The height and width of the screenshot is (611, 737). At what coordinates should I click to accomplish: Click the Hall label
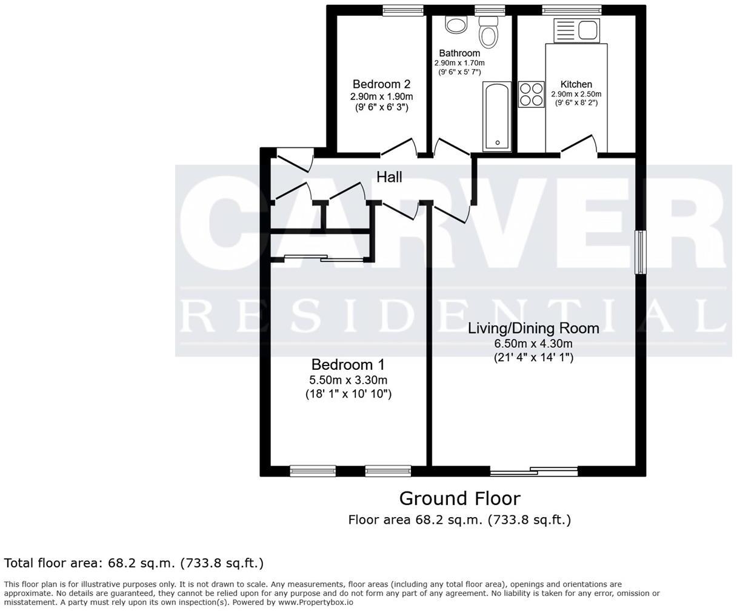pyautogui.click(x=389, y=177)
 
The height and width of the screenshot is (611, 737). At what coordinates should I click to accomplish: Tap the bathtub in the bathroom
pyautogui.click(x=497, y=117)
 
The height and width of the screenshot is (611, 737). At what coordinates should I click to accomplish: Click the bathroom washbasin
pyautogui.click(x=456, y=24)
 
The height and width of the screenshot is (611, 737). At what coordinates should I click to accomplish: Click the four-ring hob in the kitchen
pyautogui.click(x=531, y=95)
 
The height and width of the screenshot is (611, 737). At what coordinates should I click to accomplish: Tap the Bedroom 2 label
pyautogui.click(x=382, y=84)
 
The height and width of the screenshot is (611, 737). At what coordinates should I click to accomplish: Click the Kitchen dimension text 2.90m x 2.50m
pyautogui.click(x=576, y=94)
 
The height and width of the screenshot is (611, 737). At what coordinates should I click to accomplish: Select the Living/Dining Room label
pyautogui.click(x=533, y=328)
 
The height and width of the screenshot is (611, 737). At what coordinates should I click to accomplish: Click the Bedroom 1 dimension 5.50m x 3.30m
pyautogui.click(x=348, y=380)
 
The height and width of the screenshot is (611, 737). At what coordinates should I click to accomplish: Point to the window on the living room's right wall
pyautogui.click(x=639, y=252)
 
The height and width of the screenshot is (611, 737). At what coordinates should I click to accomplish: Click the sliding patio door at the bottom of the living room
pyautogui.click(x=533, y=470)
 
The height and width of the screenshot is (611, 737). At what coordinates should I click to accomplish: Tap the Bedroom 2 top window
pyautogui.click(x=403, y=8)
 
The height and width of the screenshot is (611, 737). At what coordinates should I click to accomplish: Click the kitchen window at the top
pyautogui.click(x=572, y=8)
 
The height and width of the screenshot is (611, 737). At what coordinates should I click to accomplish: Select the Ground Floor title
pyautogui.click(x=459, y=498)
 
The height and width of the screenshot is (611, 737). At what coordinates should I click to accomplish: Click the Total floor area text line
pyautogui.click(x=134, y=563)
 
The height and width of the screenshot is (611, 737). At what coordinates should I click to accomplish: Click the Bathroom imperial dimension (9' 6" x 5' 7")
pyautogui.click(x=459, y=72)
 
